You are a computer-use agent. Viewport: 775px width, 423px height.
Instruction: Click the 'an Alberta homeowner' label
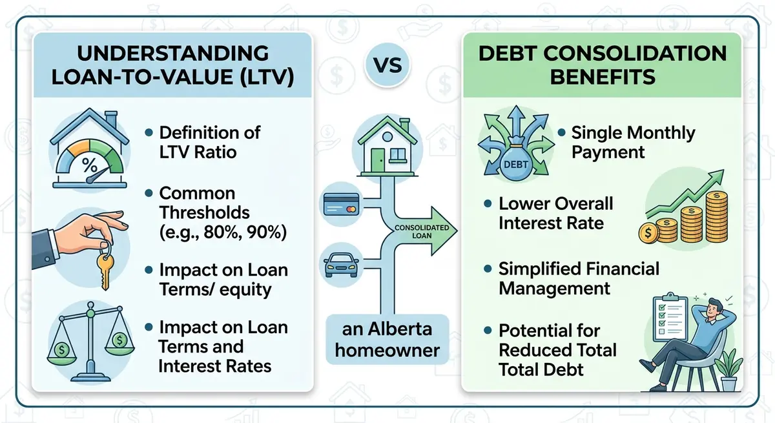click(387, 341)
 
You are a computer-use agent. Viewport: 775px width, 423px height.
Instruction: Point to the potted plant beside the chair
click(730, 368)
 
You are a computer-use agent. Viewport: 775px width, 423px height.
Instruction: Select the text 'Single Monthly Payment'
click(633, 142)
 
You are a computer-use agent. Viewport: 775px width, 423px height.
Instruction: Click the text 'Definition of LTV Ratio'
click(209, 142)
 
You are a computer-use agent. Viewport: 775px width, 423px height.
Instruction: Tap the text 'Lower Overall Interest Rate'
click(555, 213)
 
